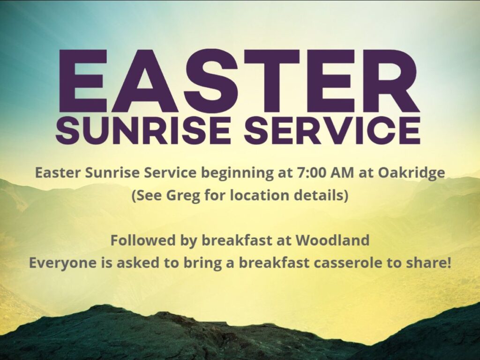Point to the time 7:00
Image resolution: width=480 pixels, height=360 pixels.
coord(309,172)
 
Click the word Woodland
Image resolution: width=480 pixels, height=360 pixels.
coord(332,240)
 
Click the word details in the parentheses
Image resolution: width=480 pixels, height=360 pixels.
coord(319,195)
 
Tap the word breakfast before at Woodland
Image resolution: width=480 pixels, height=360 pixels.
coord(236,240)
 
